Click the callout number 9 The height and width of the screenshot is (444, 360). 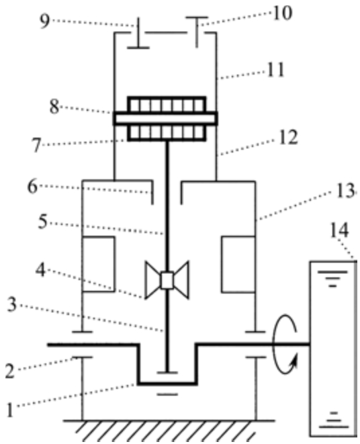coord(44,21)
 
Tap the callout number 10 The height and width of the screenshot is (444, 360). coord(282,13)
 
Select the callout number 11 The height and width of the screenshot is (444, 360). coord(275,70)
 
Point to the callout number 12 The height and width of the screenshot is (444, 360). coord(288,138)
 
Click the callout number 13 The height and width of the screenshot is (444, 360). coord(345,190)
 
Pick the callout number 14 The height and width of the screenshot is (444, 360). coord(339,231)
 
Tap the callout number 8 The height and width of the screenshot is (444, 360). coord(54,107)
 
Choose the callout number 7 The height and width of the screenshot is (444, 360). coord(37,146)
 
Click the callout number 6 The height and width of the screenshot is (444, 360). coord(32,187)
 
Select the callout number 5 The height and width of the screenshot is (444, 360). coord(43,222)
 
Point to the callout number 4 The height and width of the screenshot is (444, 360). coord(40,270)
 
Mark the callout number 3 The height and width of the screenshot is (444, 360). coord(11,305)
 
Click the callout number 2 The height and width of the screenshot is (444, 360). coord(9,371)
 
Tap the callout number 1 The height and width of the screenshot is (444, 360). coord(10,410)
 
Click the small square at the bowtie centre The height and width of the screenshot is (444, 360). coord(167,280)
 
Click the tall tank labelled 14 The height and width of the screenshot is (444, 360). coord(333,349)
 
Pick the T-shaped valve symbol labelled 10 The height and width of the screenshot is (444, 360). coord(197,32)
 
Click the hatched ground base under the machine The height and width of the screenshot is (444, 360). coord(169,430)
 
